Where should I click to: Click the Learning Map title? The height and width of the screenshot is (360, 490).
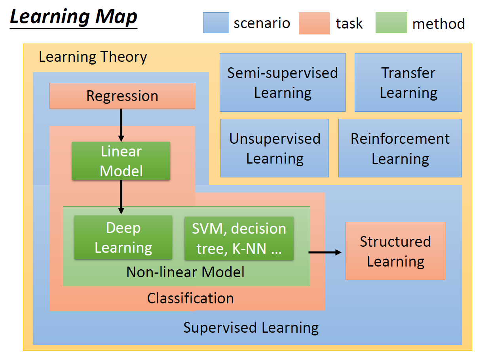pyautogui.click(x=74, y=18)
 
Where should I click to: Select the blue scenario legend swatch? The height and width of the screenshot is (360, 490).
pyautogui.click(x=216, y=23)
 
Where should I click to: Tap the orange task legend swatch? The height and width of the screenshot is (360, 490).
pyautogui.click(x=314, y=23)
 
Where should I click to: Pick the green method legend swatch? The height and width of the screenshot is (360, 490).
pyautogui.click(x=391, y=23)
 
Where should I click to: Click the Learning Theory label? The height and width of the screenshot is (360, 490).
pyautogui.click(x=93, y=57)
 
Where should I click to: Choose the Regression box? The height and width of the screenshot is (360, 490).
pyautogui.click(x=122, y=96)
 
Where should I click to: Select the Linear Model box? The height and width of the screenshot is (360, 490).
pyautogui.click(x=121, y=161)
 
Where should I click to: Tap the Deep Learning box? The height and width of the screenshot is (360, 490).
pyautogui.click(x=123, y=237)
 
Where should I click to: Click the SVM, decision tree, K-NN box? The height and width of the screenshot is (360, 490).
pyautogui.click(x=239, y=238)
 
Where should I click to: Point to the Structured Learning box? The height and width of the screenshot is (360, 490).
pyautogui.click(x=395, y=251)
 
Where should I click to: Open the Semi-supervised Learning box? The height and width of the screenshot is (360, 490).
pyautogui.click(x=283, y=82)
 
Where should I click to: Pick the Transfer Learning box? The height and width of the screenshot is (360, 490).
pyautogui.click(x=408, y=82)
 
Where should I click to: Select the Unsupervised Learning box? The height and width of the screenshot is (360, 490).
pyautogui.click(x=275, y=148)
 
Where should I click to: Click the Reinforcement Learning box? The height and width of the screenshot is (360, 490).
pyautogui.click(x=400, y=148)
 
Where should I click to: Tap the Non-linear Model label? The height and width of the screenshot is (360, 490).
pyautogui.click(x=185, y=272)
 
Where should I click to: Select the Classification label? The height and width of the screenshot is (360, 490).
pyautogui.click(x=190, y=298)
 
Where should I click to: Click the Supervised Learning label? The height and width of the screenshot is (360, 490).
pyautogui.click(x=251, y=328)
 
